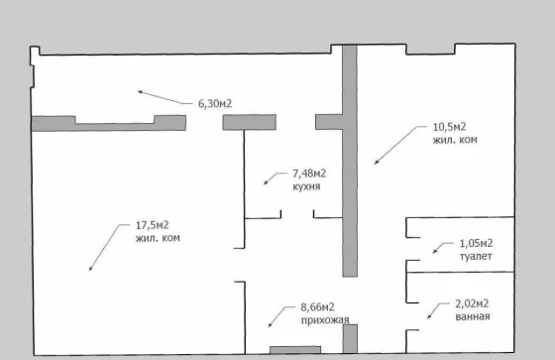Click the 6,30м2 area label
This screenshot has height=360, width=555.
tap(215, 103)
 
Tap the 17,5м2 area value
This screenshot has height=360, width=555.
tap(153, 225)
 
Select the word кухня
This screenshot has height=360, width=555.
tap(306, 186)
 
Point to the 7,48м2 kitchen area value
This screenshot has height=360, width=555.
tap(309, 174)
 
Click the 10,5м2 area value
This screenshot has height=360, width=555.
tap(450, 127)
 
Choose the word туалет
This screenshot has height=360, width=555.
tap(476, 256)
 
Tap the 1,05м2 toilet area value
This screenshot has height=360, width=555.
tap(476, 243)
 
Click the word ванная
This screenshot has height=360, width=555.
tap(473, 316)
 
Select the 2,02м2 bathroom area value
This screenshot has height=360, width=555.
tap(472, 303)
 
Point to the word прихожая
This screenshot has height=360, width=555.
tap(325, 320)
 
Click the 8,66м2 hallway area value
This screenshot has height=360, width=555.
tap(317, 307)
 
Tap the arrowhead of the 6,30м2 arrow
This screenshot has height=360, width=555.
tap(140, 92)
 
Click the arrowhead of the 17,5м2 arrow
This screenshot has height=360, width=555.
tap(90, 268)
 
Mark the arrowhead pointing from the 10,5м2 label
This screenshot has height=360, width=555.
tap(377, 163)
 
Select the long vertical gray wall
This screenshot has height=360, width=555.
tap(350, 161)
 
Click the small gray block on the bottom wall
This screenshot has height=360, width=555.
tap(295, 350)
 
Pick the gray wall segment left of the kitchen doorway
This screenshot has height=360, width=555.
tap(249, 122)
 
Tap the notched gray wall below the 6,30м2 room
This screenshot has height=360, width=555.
tap(109, 124)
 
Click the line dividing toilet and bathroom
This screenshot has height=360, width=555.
tap(460, 273)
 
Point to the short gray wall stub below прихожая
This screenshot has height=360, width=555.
tap(350, 339)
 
